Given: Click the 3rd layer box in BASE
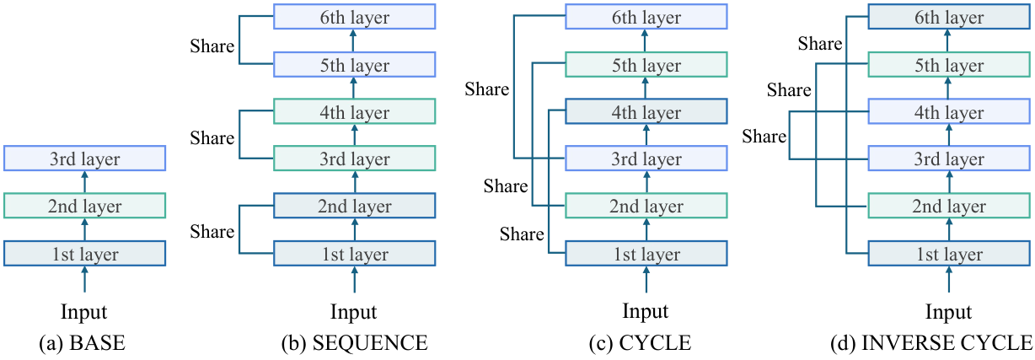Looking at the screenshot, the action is [84, 159].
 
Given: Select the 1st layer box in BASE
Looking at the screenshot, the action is [84, 253].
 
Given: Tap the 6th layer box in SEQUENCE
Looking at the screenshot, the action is [354, 17].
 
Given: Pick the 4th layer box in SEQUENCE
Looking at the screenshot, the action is [354, 111].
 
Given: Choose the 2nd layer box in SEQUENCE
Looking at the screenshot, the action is [354, 206].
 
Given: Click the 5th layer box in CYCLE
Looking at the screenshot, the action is [646, 64].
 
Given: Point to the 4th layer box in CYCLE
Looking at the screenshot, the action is [646, 111].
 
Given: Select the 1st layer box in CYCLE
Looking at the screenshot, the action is [646, 253].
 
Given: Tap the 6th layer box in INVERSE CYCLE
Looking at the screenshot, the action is [949, 17].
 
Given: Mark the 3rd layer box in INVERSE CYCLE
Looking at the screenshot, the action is [949, 159].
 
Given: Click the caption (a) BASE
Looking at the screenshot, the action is [83, 343].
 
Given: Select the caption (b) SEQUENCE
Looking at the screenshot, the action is [354, 343].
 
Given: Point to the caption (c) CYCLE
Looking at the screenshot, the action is [640, 343].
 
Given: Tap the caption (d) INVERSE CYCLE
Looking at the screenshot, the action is [931, 343].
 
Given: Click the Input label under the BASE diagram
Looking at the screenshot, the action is [84, 313].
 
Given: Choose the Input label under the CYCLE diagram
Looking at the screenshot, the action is [646, 311].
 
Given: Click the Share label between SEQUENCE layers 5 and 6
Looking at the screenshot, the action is [212, 46].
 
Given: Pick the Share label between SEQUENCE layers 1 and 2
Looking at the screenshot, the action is [212, 231].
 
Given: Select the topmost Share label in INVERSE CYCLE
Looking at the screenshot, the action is [820, 44].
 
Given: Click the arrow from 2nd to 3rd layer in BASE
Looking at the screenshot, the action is [84, 181].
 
